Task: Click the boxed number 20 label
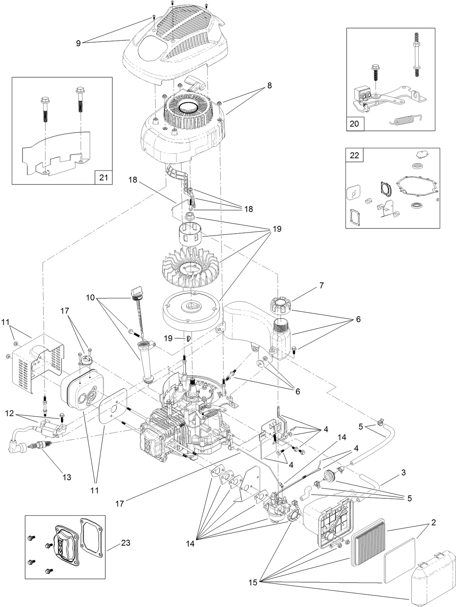(x=354, y=123)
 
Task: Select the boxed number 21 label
(x=103, y=177)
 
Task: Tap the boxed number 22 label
(x=354, y=155)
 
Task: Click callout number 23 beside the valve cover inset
(x=126, y=543)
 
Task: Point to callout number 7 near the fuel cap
(x=321, y=286)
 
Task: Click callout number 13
(x=67, y=477)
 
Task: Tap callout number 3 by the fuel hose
(x=404, y=472)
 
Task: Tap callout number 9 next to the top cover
(x=78, y=43)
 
